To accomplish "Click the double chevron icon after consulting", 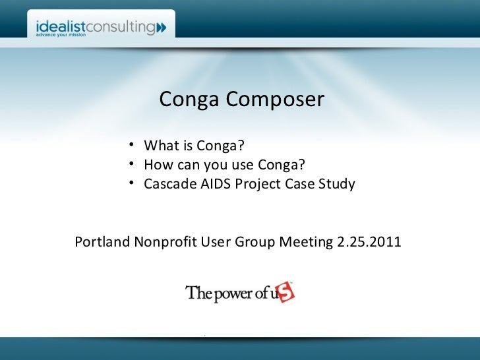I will click(x=162, y=28).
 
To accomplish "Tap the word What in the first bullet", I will click(x=160, y=145).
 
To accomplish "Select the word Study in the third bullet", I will click(x=336, y=183).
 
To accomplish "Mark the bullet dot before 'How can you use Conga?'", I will click(x=133, y=164).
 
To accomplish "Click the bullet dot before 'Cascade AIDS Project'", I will click(x=133, y=183).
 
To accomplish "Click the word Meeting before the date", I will click(x=307, y=242).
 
